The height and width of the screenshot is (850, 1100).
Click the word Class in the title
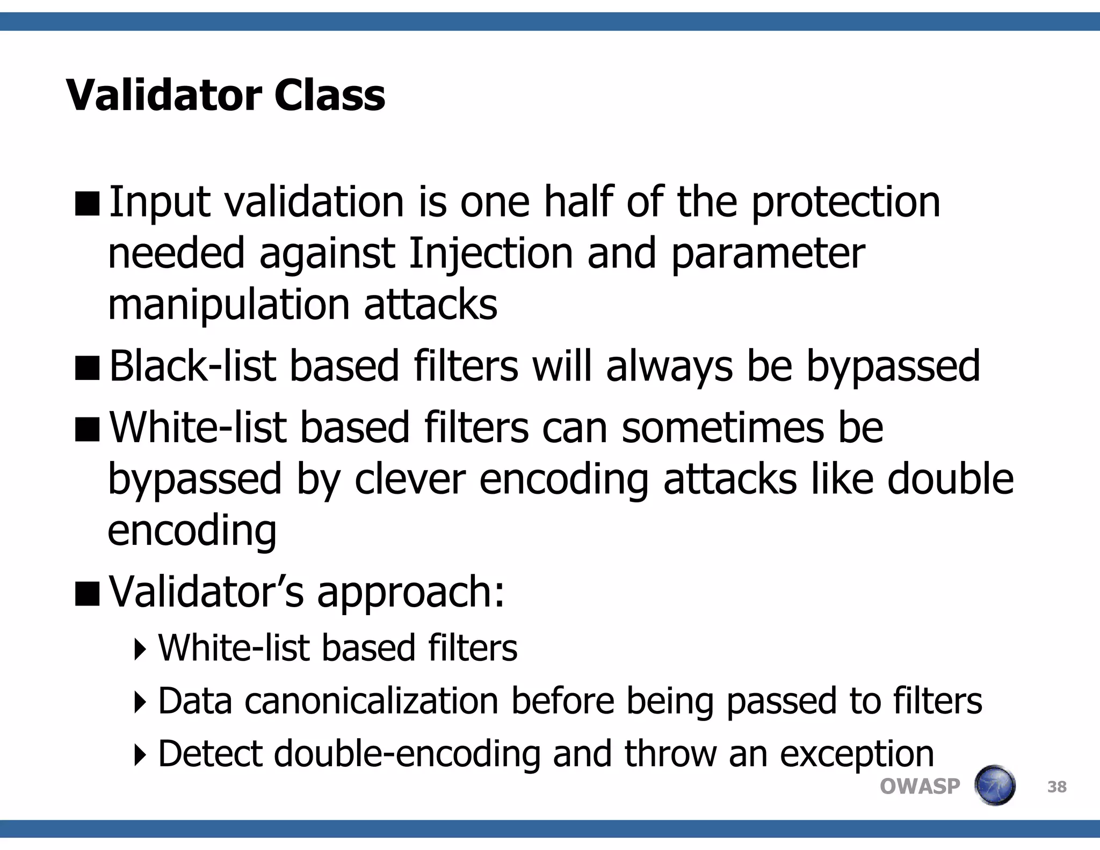[329, 95]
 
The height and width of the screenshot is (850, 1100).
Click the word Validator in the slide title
[163, 95]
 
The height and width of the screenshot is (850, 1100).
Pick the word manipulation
[228, 304]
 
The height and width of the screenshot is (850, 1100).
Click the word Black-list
[192, 366]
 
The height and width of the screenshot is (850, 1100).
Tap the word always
[669, 366]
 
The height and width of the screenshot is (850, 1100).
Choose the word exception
[857, 753]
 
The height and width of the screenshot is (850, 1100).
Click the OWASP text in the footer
[920, 787]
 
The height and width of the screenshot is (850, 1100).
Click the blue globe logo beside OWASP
[995, 786]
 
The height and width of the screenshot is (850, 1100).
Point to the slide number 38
[1056, 787]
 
